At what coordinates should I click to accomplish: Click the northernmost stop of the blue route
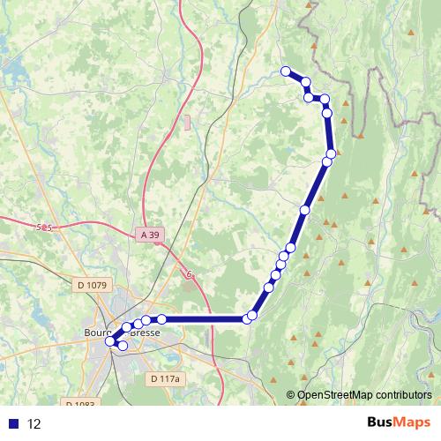pyautogui.click(x=285, y=71)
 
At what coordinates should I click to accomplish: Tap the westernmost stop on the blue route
pyautogui.click(x=110, y=340)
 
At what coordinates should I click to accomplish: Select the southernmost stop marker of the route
pyautogui.click(x=123, y=346)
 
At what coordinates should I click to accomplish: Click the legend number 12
pyautogui.click(x=34, y=423)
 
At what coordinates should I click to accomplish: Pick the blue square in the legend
pyautogui.click(x=13, y=423)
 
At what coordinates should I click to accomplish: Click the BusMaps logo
pyautogui.click(x=399, y=422)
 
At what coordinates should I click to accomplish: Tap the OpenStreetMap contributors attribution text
pyautogui.click(x=364, y=396)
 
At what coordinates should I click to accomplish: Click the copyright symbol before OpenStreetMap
pyautogui.click(x=291, y=396)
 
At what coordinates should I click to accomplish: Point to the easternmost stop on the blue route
pyautogui.click(x=331, y=153)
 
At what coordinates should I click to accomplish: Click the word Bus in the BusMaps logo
pyautogui.click(x=381, y=422)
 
